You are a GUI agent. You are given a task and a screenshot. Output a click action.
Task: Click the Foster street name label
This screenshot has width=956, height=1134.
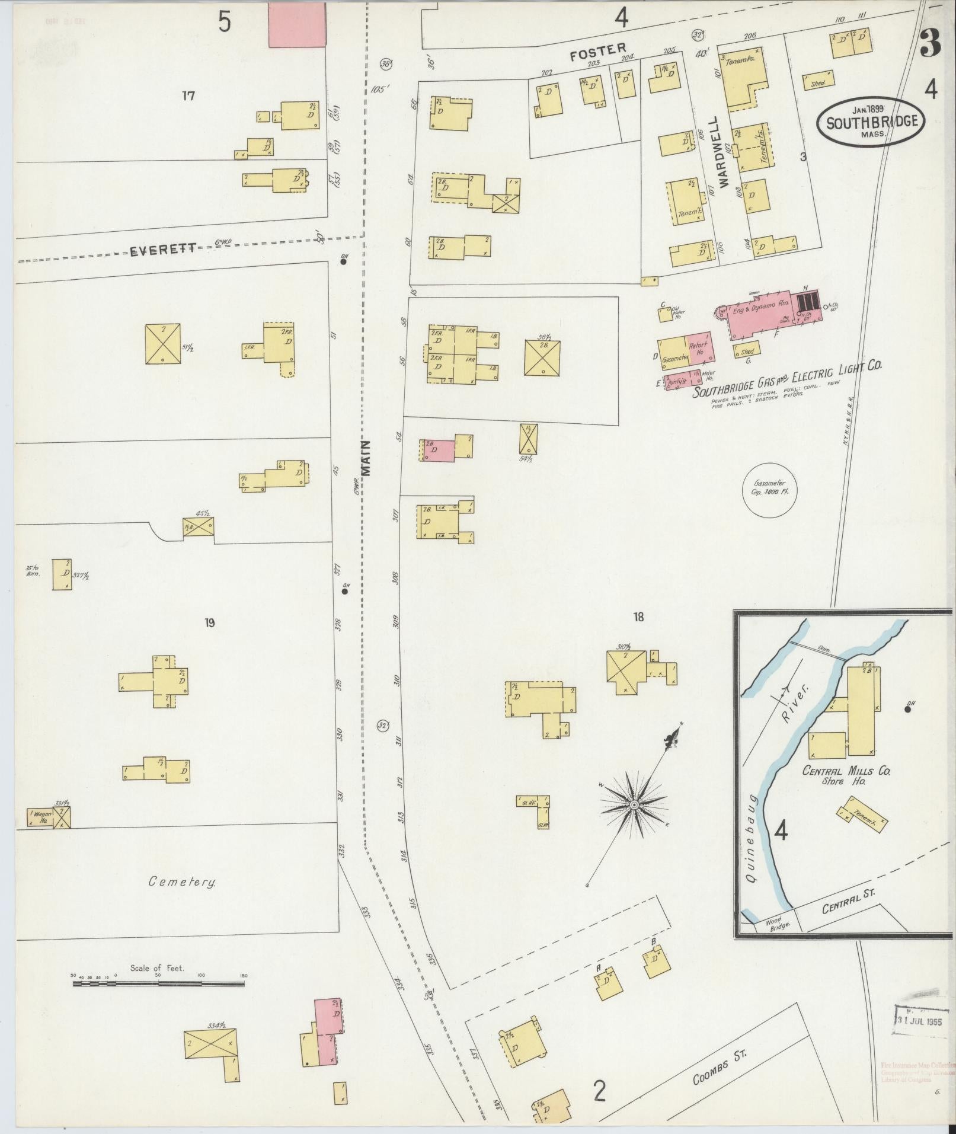[x=597, y=53]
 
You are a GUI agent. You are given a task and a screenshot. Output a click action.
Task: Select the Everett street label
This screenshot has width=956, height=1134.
[x=163, y=250]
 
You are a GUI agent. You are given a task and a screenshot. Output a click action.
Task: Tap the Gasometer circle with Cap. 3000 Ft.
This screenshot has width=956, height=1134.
[x=770, y=490]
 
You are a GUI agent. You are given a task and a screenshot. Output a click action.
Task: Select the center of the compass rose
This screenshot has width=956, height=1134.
[x=633, y=804]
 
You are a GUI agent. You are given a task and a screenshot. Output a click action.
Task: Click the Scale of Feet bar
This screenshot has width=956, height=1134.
[x=158, y=983]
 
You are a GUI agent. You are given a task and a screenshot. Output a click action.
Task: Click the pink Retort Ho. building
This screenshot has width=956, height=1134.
[x=700, y=347]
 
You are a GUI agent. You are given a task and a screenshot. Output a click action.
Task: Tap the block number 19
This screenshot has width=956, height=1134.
[x=209, y=622]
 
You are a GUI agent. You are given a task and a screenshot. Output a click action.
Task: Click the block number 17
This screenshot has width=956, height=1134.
[x=188, y=95]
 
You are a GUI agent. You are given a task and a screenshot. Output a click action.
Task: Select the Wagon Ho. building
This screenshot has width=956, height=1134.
[x=40, y=818]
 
